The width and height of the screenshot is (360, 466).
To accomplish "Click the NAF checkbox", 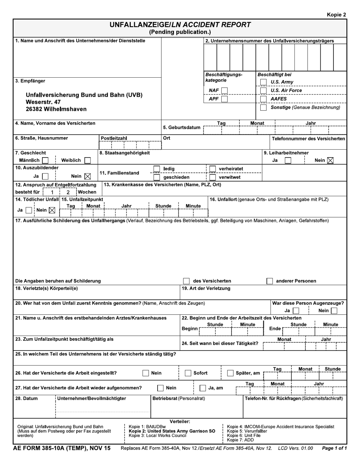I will [x=224, y=91].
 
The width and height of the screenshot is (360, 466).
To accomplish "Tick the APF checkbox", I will [x=224, y=99].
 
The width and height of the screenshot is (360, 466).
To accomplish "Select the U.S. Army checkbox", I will [x=263, y=82].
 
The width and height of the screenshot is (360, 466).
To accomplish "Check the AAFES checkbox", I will [x=263, y=99].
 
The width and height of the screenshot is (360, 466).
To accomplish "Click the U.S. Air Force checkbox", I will [x=263, y=91].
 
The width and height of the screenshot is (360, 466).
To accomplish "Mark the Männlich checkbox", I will [x=45, y=161].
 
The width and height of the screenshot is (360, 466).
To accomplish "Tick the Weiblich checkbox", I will [x=88, y=161].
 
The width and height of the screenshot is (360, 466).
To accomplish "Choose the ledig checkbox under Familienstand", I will [x=157, y=169].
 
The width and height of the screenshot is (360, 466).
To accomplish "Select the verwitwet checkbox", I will [x=213, y=177].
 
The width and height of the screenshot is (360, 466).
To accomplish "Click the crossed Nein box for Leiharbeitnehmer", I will [x=330, y=161].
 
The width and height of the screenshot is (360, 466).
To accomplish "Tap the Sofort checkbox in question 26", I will [x=188, y=373].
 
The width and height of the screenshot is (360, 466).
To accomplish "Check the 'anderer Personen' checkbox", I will [x=269, y=281].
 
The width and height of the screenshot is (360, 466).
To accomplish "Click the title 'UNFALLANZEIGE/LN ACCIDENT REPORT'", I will [x=180, y=25].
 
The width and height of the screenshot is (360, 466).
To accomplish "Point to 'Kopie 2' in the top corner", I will [x=337, y=15].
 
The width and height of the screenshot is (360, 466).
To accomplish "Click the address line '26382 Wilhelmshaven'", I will [x=56, y=109].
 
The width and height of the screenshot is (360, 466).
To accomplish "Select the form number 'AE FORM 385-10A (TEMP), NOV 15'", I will [x=62, y=448].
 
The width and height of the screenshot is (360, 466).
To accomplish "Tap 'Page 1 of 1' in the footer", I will [x=334, y=449].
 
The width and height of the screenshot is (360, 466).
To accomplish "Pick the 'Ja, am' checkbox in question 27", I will [x=203, y=388].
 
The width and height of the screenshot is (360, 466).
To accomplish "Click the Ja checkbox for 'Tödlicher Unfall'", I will [x=29, y=210].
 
